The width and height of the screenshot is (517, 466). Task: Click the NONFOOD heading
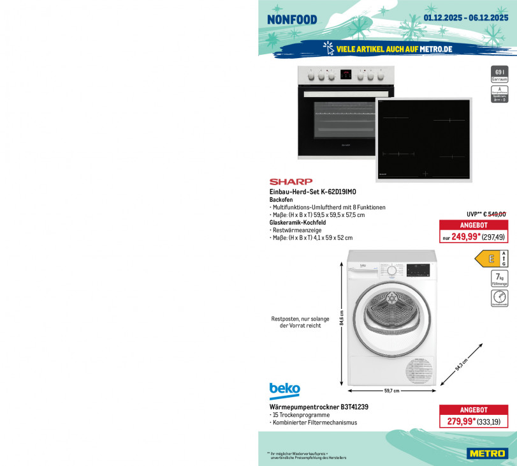pos(292,19)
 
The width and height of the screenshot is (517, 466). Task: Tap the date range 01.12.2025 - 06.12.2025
pos(466,17)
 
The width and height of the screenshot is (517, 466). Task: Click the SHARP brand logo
pos(291,182)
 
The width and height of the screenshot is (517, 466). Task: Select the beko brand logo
pos(284,390)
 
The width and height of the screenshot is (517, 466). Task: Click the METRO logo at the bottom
pos(489,454)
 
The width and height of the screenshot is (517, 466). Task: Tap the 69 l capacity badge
pos(500,75)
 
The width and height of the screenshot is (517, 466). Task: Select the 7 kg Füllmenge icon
pos(500,278)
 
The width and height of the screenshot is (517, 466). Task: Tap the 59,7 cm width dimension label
pos(391,391)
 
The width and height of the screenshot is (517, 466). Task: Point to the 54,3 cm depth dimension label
pos(461,365)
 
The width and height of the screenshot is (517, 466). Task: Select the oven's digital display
pos(346,75)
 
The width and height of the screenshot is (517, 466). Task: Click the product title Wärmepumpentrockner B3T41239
pos(319,407)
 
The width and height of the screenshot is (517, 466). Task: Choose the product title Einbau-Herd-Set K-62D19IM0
pos(312,192)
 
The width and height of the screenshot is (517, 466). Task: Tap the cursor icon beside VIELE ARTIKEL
pos(328,48)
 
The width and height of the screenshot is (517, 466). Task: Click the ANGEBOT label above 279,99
pos(474,410)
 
